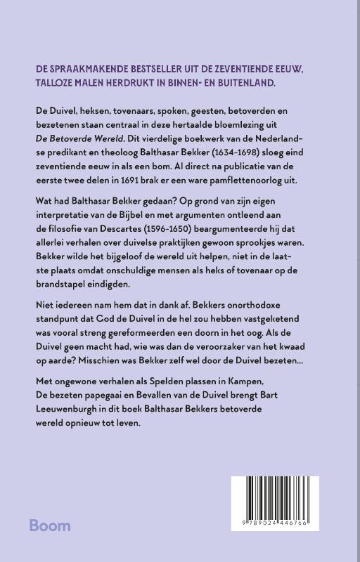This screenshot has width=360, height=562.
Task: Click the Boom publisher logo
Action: (50, 526)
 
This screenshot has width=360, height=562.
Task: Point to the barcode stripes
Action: (275, 501)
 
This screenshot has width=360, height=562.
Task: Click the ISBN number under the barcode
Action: (275, 524)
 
